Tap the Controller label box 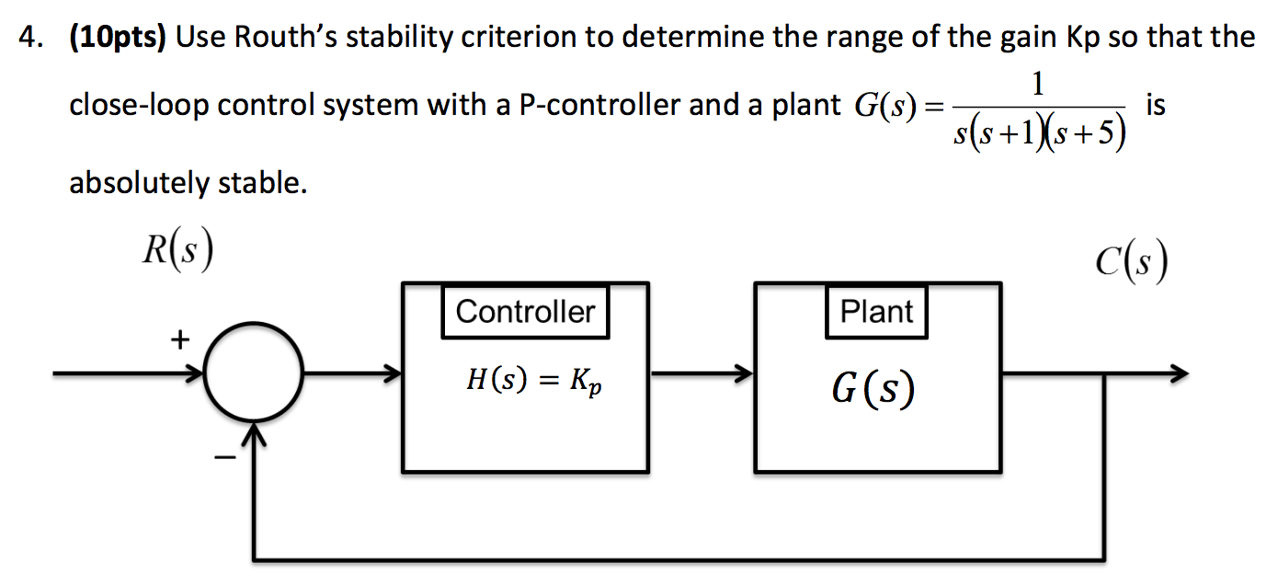(525, 312)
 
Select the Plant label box (876, 312)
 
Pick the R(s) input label (178, 251)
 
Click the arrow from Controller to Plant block (701, 375)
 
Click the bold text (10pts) (118, 37)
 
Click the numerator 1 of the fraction (1038, 86)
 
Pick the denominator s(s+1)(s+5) (1038, 135)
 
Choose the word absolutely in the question (139, 184)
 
